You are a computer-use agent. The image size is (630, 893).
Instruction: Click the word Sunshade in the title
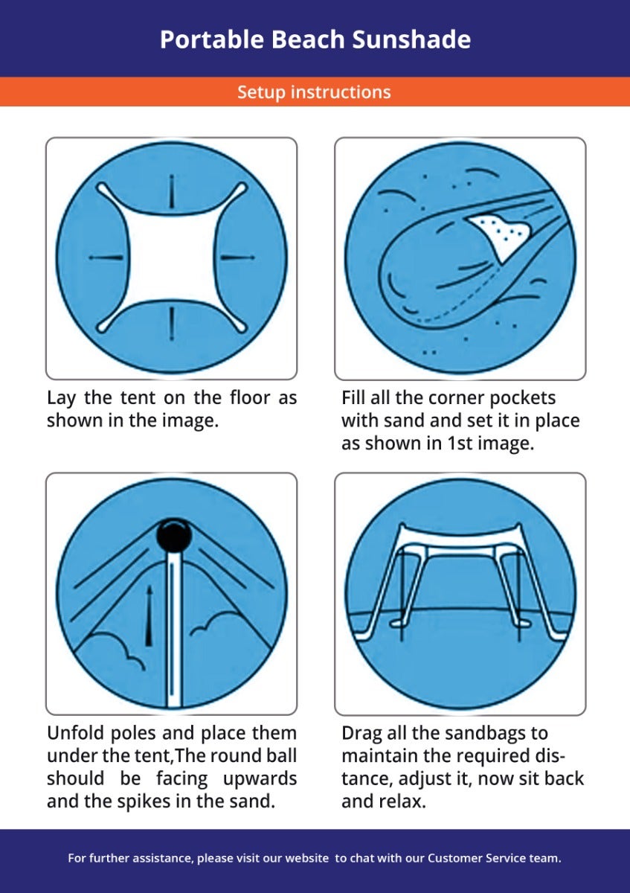(411, 40)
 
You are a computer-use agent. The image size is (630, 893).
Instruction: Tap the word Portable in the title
(212, 40)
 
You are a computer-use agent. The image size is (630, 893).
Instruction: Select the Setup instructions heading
(314, 92)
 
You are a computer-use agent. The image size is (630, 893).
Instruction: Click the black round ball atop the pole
(174, 535)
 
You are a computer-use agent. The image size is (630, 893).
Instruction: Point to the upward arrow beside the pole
(150, 616)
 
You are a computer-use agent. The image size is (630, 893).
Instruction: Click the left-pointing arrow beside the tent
(106, 257)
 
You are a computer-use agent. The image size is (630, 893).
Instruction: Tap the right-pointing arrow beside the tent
(238, 257)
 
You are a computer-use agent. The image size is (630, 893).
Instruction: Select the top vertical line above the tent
(172, 191)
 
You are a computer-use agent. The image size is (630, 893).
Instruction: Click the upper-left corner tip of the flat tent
(100, 187)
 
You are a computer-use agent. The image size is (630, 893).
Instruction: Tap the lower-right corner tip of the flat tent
(243, 328)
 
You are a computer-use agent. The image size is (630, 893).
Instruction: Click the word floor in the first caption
(250, 397)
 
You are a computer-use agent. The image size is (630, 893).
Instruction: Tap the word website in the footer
(307, 858)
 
